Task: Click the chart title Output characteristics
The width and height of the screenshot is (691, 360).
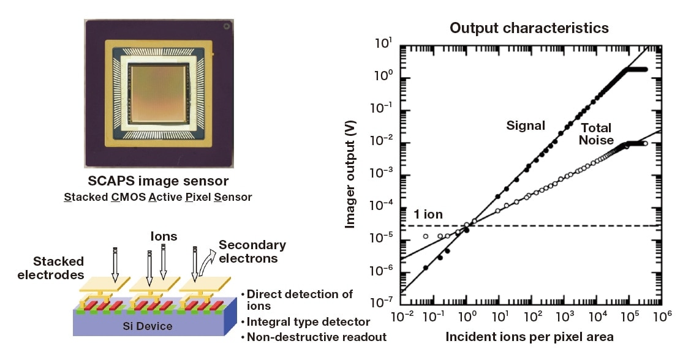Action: tap(529, 28)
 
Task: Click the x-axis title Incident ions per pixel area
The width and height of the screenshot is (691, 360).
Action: tap(529, 337)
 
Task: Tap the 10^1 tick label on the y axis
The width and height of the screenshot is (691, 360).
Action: tap(383, 44)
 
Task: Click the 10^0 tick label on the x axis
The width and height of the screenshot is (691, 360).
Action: tap(468, 317)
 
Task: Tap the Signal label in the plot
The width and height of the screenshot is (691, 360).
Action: tap(525, 126)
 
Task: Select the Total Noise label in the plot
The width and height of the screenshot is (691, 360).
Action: tap(597, 134)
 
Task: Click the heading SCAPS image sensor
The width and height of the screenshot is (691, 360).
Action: tap(157, 181)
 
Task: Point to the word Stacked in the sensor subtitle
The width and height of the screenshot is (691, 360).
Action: tap(83, 197)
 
